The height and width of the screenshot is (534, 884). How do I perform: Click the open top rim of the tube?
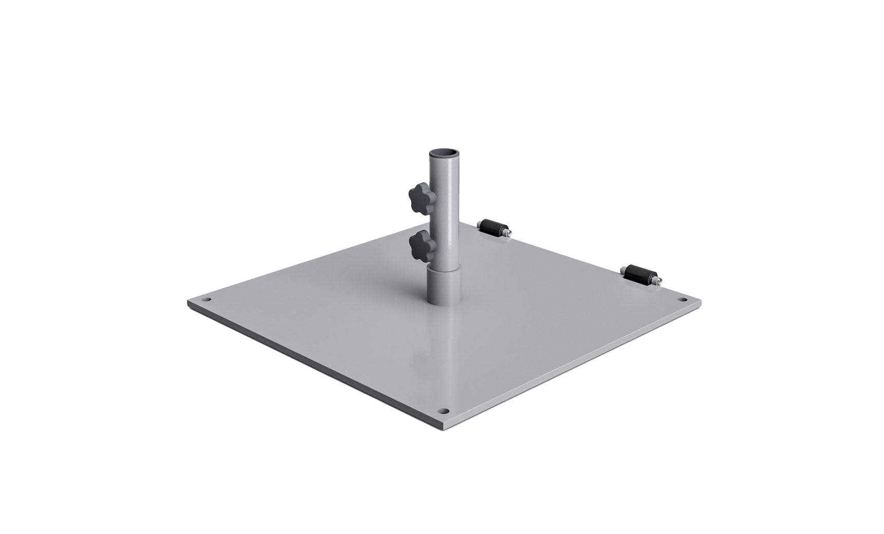444,154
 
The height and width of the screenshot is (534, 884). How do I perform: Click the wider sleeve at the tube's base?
444,285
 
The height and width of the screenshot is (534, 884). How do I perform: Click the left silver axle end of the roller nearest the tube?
479,223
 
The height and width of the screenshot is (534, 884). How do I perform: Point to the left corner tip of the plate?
189,302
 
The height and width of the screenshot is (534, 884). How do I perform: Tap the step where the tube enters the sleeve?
444,266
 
